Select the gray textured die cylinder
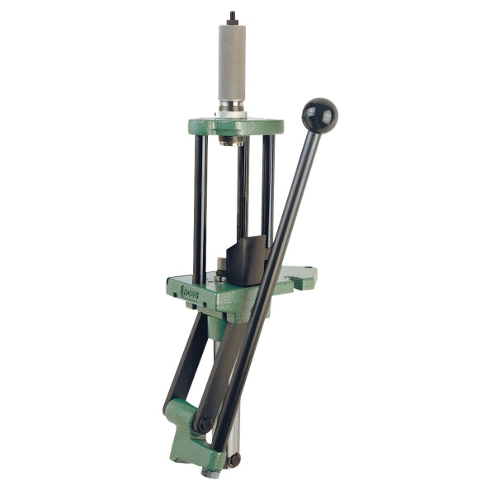point(232,62)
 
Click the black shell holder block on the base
point(247,260)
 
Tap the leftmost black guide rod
point(200,206)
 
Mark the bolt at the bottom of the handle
point(235,458)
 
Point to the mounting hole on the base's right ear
point(309,270)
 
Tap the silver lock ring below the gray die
point(232,108)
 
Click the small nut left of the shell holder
point(222,266)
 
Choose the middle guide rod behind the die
point(243,198)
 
